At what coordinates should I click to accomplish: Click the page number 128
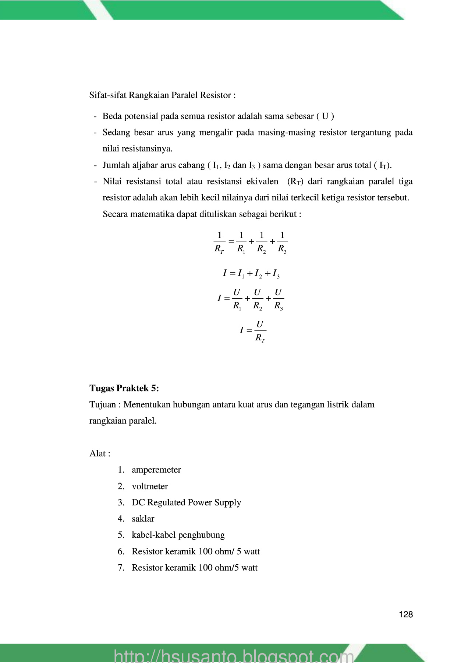[405, 614]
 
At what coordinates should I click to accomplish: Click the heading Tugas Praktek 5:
[124, 388]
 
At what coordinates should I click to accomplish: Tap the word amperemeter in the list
[156, 470]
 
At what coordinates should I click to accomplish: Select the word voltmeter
[150, 486]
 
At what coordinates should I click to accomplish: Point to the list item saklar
[143, 519]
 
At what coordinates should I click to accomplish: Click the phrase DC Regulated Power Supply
[186, 502]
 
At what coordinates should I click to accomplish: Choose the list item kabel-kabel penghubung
[178, 535]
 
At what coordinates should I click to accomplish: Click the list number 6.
[121, 551]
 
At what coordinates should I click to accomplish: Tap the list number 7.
[121, 568]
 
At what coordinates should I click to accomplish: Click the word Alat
[97, 453]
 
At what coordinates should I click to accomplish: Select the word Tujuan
[102, 404]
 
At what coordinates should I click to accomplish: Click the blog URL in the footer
[234, 656]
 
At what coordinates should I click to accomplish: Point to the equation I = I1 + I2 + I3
[251, 273]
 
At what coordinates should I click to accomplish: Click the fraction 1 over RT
[219, 242]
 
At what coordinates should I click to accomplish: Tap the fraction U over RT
[260, 330]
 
